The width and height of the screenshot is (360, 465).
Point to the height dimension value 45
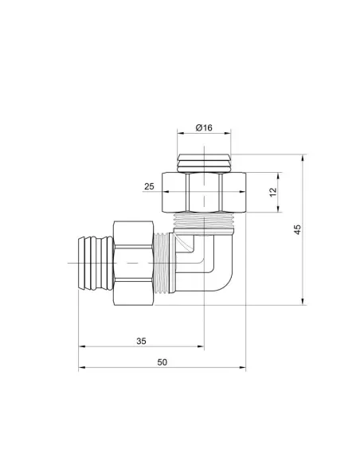tap(297, 229)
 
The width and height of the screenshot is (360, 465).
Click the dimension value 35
tap(141, 341)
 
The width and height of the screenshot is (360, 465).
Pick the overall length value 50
tap(162, 362)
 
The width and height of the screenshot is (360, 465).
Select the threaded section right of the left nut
tap(166, 260)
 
